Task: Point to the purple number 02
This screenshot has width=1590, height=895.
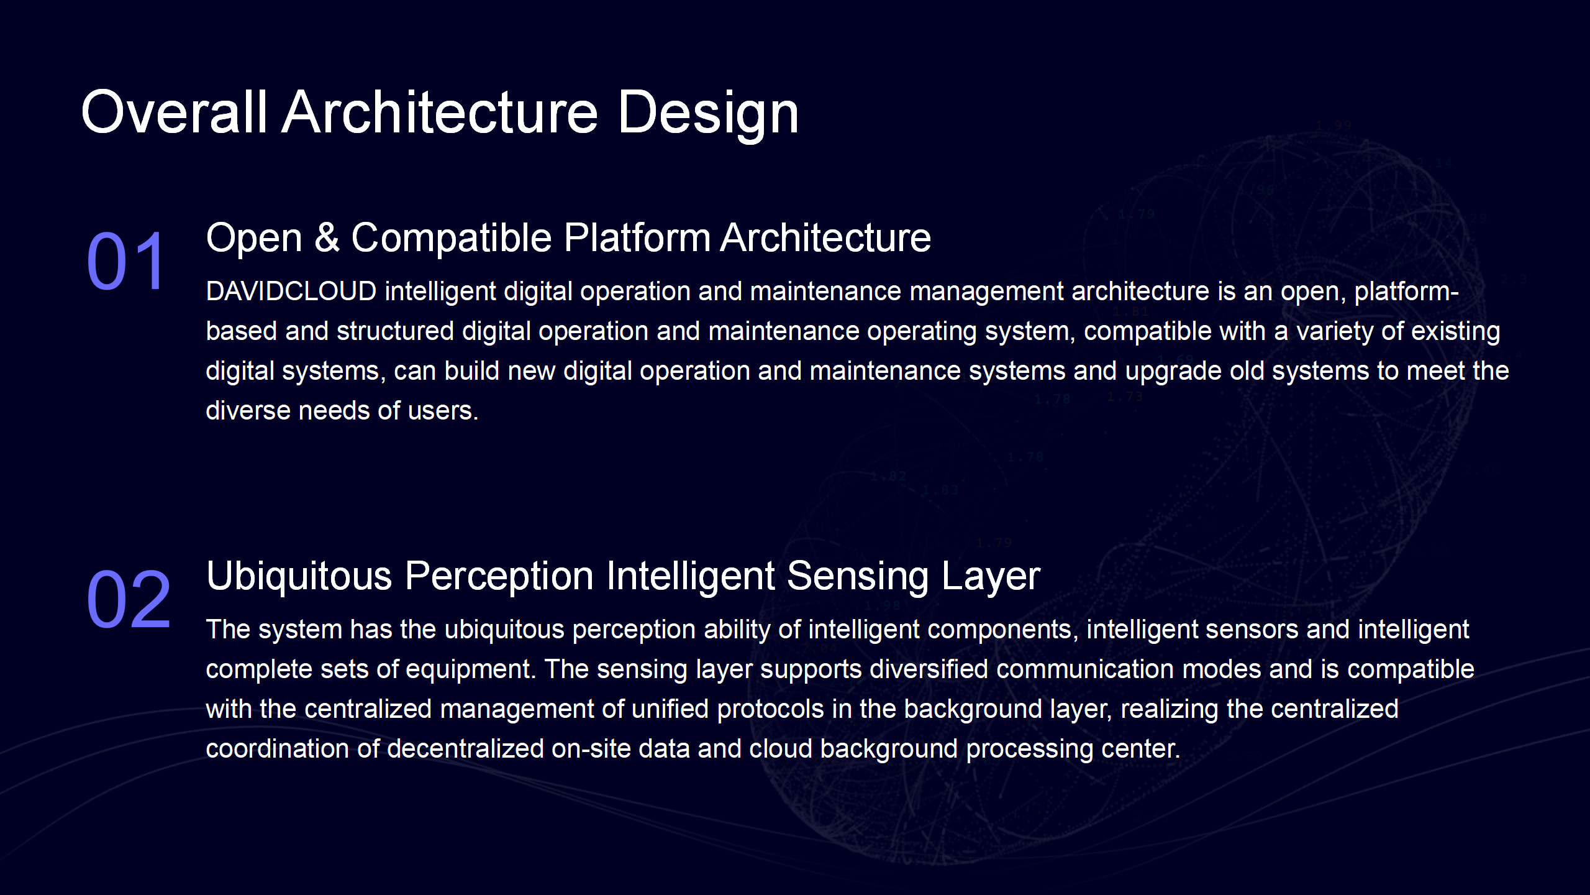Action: tap(129, 599)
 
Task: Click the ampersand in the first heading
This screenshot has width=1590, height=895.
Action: tap(327, 237)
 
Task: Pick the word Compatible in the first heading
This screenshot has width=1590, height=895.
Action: tap(452, 237)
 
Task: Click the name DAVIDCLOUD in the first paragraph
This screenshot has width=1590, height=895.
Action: tap(291, 291)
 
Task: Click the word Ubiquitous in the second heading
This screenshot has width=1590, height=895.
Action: tap(299, 576)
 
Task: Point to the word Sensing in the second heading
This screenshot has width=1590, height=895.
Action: tap(858, 576)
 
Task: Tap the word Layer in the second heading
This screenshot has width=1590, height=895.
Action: tap(991, 576)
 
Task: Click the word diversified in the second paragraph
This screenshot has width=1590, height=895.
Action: tap(929, 669)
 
